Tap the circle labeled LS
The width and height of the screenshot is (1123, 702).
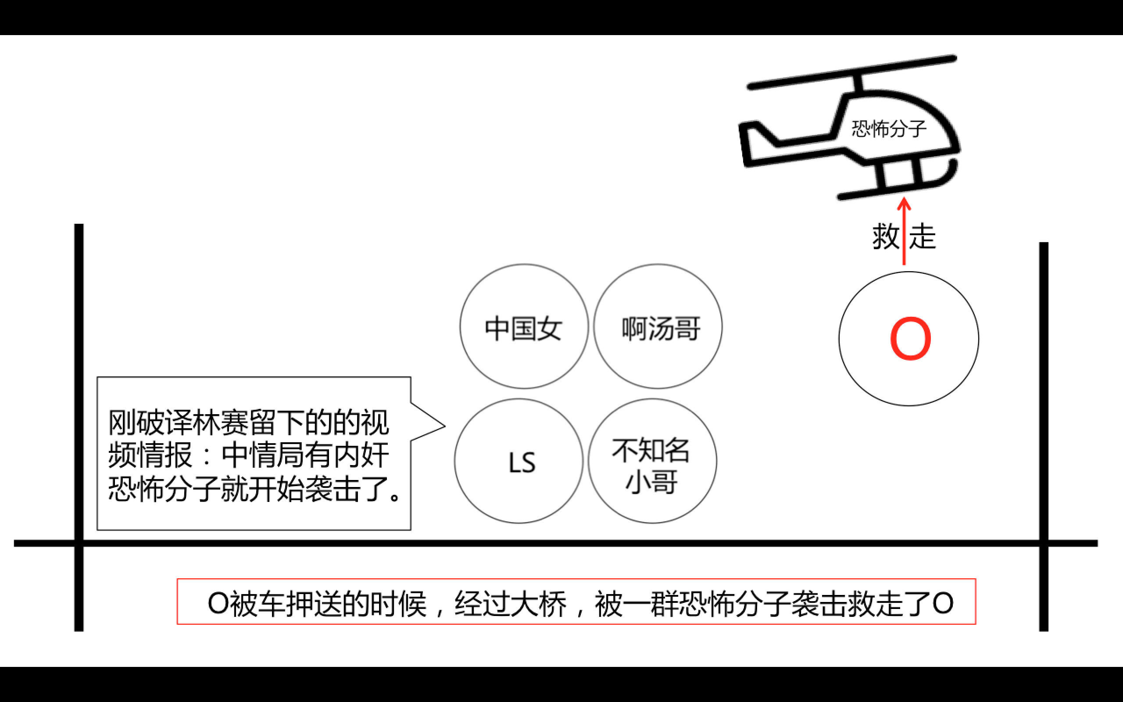click(519, 462)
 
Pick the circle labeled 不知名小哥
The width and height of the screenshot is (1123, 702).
click(652, 462)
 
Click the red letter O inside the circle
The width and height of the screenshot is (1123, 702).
click(910, 339)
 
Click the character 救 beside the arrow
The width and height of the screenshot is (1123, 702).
click(886, 236)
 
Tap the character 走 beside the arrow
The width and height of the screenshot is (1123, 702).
click(922, 236)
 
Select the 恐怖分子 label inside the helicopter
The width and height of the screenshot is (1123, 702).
click(888, 129)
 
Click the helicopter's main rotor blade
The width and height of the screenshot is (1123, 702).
click(852, 72)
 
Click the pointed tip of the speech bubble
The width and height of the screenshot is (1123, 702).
click(443, 426)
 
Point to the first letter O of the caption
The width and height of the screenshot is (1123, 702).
click(218, 604)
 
